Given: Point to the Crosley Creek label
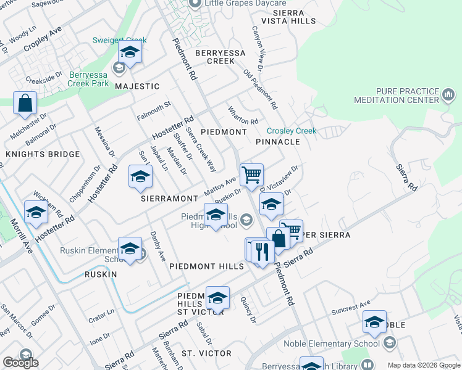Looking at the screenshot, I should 292,131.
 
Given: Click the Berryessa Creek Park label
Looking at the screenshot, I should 88,78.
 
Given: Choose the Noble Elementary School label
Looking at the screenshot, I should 332,344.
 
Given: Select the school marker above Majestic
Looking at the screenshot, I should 130,52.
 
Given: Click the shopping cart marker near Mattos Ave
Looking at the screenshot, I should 251,175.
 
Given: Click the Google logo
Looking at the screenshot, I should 20,362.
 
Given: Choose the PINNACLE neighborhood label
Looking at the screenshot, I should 277,142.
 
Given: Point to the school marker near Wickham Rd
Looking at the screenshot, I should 36,213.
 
